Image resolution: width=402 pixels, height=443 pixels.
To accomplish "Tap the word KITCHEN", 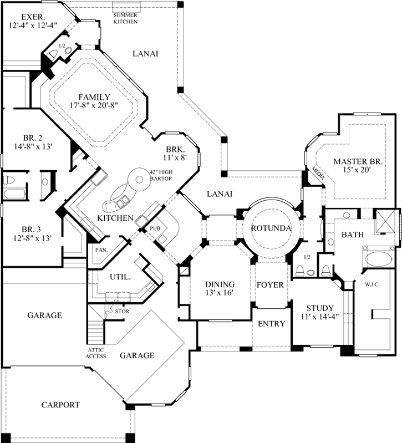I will click(115, 218).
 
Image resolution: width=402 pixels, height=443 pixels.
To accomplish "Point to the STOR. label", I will click(123, 312).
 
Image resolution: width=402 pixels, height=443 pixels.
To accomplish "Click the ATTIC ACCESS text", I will click(96, 353).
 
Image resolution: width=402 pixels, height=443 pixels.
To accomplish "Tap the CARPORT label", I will click(60, 405).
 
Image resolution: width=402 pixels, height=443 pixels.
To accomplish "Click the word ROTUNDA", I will click(268, 228).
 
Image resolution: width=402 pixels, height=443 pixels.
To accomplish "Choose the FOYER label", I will click(270, 285).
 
